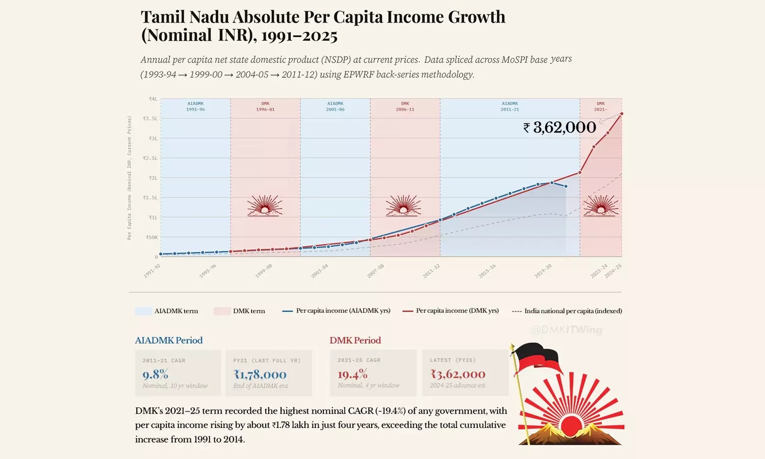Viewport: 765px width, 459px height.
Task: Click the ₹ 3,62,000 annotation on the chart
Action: [x=560, y=127]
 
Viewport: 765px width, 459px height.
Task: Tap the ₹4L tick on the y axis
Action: [x=153, y=99]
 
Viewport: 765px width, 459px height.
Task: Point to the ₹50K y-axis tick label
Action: [x=151, y=238]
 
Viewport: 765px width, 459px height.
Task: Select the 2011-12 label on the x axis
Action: [x=431, y=271]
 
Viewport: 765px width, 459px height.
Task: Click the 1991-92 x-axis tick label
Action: [x=152, y=271]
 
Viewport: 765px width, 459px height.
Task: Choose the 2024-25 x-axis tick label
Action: [x=613, y=271]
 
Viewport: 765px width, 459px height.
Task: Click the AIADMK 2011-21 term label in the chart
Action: [x=509, y=107]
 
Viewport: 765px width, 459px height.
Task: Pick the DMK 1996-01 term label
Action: [x=265, y=107]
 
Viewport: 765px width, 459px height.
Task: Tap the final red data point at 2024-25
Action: [x=622, y=114]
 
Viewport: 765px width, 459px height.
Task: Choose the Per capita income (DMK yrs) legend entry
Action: [x=451, y=311]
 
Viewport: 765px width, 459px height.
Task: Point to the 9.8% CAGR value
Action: [x=155, y=374]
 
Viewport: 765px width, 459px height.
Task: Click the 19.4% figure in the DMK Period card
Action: [x=352, y=374]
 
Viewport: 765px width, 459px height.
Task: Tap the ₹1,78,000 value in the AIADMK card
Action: [x=260, y=375]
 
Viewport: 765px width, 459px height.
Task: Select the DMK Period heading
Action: [x=355, y=340]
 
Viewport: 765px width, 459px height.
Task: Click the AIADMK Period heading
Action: [x=169, y=340]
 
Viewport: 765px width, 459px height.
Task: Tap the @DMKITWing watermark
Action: [x=567, y=330]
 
